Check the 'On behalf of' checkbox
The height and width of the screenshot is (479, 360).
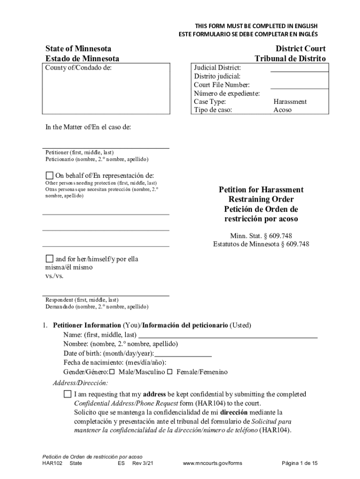click(50, 175)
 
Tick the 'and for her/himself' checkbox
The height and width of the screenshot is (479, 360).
click(50, 259)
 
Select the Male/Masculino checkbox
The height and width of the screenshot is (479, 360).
click(112, 372)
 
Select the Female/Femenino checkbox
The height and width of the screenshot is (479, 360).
click(170, 372)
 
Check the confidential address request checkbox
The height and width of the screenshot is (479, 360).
click(68, 394)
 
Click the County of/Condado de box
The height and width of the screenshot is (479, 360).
click(106, 88)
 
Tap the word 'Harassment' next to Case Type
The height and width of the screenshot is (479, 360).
click(290, 102)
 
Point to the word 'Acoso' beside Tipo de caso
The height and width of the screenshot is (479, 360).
click(282, 110)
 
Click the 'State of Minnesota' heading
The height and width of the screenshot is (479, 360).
click(78, 49)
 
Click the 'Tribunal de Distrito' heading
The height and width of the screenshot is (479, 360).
click(290, 58)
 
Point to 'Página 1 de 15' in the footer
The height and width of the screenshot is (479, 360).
click(300, 463)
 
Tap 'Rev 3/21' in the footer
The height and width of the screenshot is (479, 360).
click(143, 463)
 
